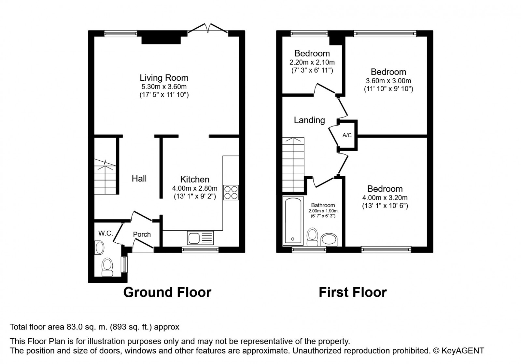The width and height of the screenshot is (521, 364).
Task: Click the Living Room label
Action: (x=164, y=78)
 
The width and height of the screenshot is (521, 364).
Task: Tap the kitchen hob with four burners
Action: (x=231, y=193)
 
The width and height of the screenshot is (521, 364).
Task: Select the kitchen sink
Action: (x=200, y=238)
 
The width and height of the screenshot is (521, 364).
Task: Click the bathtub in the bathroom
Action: (x=293, y=221)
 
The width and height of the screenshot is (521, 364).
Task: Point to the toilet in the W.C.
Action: (x=107, y=267)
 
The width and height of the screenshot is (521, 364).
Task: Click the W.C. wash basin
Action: (x=99, y=248)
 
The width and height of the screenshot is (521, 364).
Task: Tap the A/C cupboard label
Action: (x=347, y=135)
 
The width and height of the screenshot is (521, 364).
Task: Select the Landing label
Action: (x=309, y=120)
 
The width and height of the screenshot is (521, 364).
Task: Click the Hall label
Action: (x=139, y=178)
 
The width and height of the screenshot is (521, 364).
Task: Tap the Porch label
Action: (x=142, y=235)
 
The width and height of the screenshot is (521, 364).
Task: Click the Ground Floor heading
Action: (x=167, y=292)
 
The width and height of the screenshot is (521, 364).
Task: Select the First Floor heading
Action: (x=353, y=292)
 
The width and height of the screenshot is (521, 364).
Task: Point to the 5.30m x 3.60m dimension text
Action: (x=164, y=87)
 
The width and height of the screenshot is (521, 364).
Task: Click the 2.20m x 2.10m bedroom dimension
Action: (x=312, y=62)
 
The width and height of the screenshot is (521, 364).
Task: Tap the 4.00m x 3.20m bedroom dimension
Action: (x=385, y=198)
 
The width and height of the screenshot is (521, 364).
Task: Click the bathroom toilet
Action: (x=312, y=237)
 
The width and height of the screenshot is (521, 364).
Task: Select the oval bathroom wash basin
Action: (x=329, y=239)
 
